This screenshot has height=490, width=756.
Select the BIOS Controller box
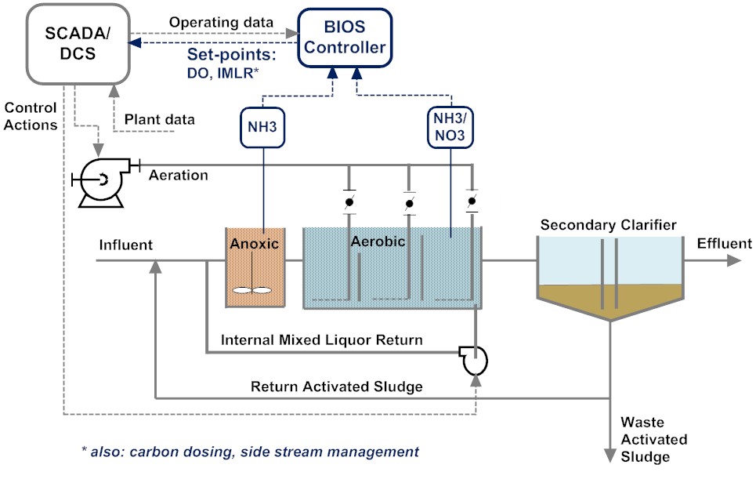click(345, 38)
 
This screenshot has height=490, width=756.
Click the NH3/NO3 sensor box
click(451, 128)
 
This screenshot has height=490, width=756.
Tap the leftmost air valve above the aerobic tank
click(349, 203)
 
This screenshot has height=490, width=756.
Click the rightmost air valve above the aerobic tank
click(471, 202)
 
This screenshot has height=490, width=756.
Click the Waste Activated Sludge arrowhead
click(610, 455)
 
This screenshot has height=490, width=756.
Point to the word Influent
click(125, 245)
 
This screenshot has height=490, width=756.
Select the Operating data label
click(221, 22)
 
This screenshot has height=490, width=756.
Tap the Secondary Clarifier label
click(608, 226)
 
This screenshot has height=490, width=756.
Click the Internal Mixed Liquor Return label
click(322, 340)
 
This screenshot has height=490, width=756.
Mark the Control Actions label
click(30, 116)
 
